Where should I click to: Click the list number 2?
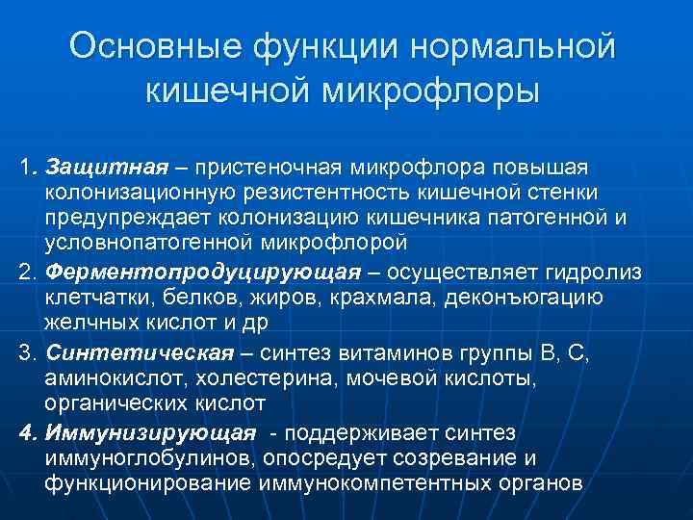[27, 272]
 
